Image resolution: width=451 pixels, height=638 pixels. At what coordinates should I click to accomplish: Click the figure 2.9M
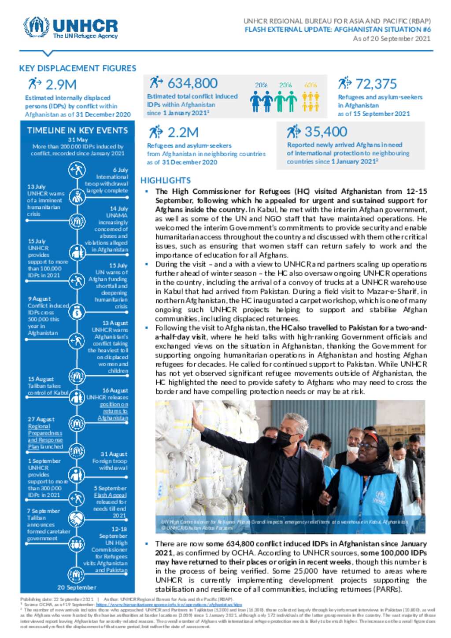(x=61, y=84)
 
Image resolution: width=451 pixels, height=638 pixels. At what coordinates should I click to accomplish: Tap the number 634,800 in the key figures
(x=192, y=83)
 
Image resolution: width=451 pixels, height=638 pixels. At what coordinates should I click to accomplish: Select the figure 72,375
(x=376, y=83)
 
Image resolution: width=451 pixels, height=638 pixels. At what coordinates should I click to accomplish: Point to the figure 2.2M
(x=182, y=132)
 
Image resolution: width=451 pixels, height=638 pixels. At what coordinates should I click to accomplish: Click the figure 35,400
(x=325, y=131)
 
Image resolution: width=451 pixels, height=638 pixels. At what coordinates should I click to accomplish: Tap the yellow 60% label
(x=311, y=85)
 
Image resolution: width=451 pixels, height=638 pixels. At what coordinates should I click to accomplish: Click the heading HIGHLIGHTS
(x=166, y=180)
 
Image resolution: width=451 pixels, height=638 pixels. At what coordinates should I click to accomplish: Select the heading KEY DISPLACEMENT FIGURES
(x=78, y=68)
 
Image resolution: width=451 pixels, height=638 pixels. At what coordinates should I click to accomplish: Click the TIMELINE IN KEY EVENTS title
(x=78, y=130)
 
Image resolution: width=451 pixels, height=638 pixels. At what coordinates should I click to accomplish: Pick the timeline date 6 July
(x=120, y=170)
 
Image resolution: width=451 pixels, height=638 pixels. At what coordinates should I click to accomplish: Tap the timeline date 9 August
(x=39, y=299)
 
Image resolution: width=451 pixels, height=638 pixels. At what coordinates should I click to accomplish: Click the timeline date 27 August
(x=41, y=419)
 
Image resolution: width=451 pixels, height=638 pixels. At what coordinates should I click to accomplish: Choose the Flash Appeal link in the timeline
(x=110, y=495)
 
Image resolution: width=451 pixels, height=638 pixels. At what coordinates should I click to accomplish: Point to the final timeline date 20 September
(x=77, y=587)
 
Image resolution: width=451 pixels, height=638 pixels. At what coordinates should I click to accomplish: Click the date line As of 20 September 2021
(x=392, y=39)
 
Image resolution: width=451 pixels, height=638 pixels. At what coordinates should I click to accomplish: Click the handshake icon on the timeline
(x=77, y=519)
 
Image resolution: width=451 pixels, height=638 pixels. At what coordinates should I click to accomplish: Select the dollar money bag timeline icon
(x=77, y=312)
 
